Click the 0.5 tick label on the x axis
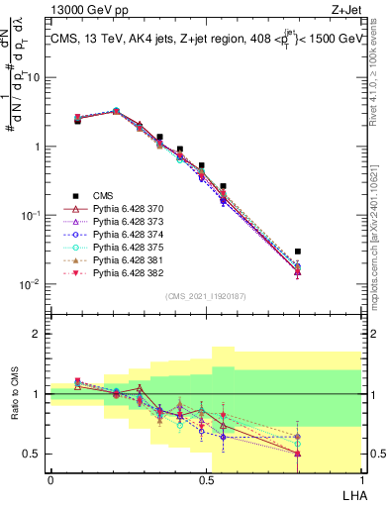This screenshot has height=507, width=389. tap(205, 479)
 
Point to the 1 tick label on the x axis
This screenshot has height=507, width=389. tap(360, 479)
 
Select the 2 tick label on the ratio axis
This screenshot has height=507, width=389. tap(36, 334)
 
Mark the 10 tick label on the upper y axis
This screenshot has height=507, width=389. tap(33, 77)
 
